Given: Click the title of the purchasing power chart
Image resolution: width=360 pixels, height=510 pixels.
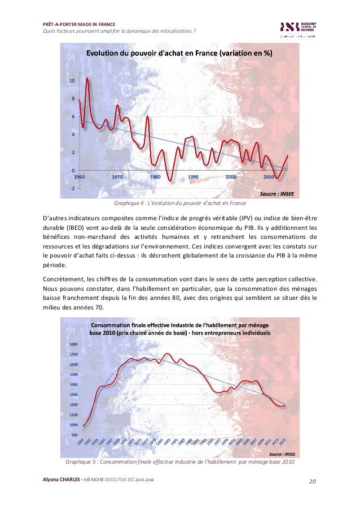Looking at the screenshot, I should (x=179, y=54).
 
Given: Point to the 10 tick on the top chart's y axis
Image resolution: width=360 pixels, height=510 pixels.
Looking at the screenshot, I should (x=72, y=81).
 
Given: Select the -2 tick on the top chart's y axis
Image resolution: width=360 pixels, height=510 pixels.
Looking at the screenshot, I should (x=72, y=188).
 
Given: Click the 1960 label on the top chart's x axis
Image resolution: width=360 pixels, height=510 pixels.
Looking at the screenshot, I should (x=80, y=177).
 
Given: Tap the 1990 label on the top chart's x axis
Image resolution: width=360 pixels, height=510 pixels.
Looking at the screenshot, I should (x=193, y=177).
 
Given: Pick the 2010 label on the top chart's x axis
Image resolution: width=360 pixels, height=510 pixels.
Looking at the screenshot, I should (x=269, y=177).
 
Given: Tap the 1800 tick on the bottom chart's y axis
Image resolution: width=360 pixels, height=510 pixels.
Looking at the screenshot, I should (x=73, y=344).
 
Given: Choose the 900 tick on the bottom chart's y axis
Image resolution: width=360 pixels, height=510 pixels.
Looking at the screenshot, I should (x=75, y=435).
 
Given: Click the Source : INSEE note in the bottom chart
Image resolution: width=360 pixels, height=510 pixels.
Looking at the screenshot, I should (x=281, y=453).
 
